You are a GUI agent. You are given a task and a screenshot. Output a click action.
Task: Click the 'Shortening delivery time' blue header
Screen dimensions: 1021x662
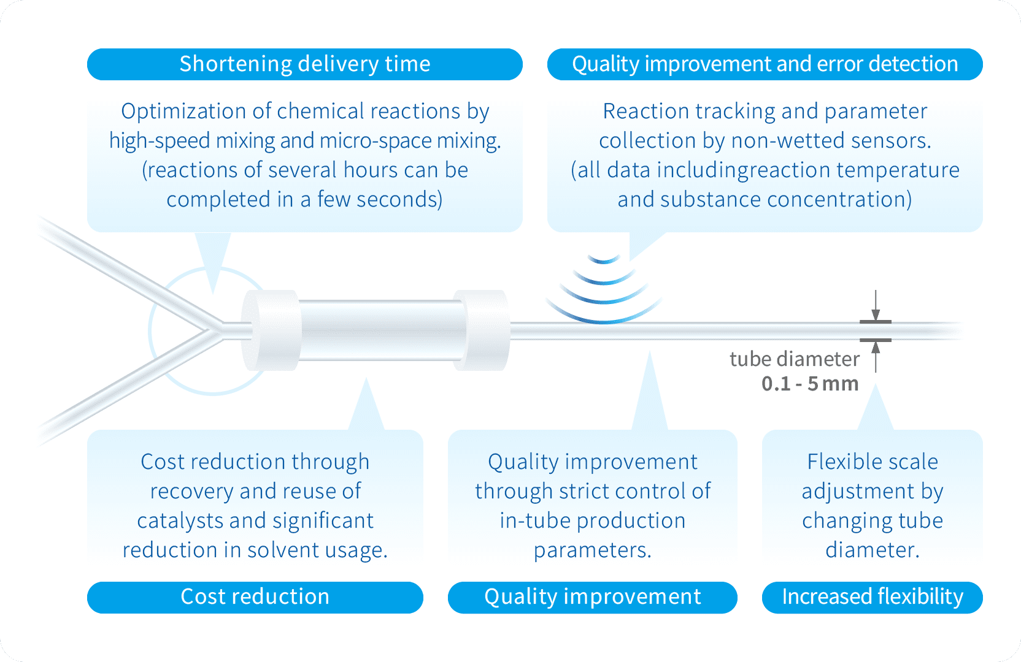[304, 64]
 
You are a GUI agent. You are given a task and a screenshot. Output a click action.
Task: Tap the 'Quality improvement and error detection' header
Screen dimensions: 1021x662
[765, 64]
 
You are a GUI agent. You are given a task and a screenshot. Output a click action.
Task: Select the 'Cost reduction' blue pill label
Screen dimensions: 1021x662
[255, 598]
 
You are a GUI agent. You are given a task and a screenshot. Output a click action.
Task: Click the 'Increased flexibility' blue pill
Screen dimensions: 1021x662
[873, 598]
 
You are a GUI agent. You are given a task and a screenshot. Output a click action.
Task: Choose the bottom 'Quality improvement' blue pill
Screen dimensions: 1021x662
[593, 598]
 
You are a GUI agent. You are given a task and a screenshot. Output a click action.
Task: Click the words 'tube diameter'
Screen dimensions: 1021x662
[795, 359]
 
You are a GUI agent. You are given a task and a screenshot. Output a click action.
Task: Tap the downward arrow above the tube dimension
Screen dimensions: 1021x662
[876, 305]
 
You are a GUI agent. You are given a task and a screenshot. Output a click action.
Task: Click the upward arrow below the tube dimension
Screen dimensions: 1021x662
[876, 357]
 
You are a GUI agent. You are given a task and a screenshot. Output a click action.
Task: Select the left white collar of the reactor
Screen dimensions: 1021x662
[271, 330]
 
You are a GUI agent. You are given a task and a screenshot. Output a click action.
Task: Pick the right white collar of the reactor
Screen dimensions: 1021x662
[481, 330]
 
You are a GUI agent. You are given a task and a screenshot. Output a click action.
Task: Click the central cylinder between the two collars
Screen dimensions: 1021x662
[383, 330]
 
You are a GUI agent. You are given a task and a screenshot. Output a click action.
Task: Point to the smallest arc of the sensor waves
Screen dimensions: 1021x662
[604, 260]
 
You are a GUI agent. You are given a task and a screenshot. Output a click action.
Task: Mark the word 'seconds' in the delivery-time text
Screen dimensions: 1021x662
[399, 200]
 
